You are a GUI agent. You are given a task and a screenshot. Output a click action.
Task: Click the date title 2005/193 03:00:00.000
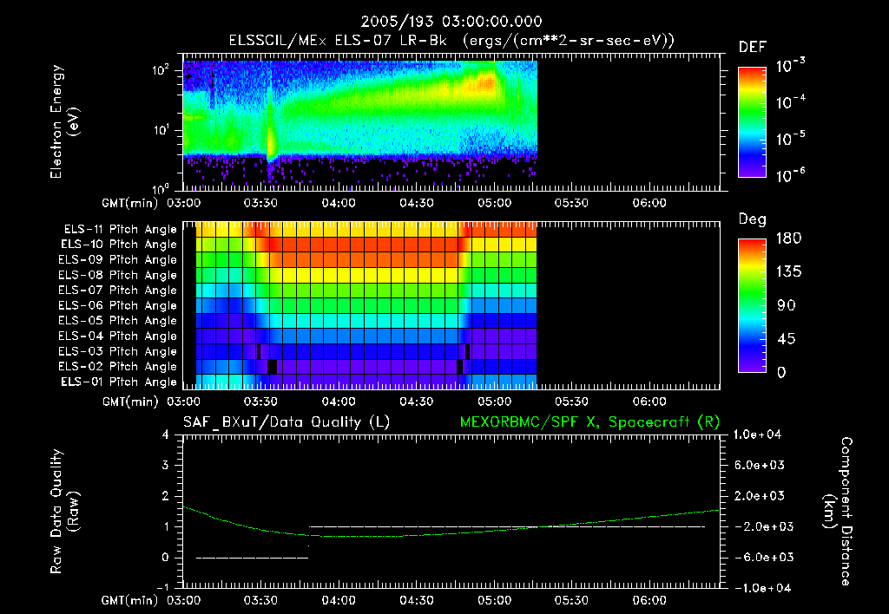click(x=444, y=22)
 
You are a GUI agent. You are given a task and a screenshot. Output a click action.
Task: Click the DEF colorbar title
click(x=752, y=47)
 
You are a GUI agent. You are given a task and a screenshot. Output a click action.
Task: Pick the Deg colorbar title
click(x=752, y=219)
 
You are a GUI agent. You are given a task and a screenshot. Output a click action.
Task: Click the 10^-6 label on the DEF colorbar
click(x=791, y=174)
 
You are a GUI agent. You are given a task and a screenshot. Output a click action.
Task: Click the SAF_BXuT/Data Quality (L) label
click(x=286, y=422)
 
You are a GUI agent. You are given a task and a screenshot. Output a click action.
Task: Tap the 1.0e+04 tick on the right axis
click(x=760, y=434)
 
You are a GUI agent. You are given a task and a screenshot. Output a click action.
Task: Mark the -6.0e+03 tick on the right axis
click(x=760, y=557)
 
